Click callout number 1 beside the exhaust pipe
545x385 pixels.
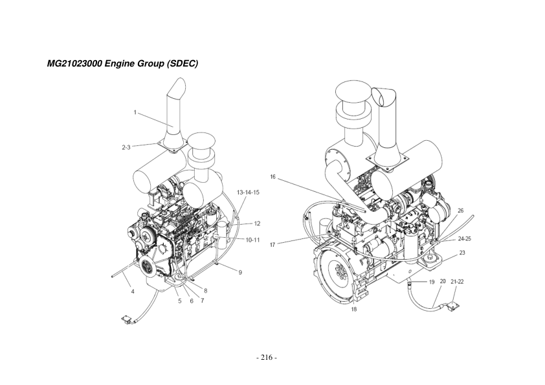point(135,112)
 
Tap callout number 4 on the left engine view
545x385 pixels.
point(132,292)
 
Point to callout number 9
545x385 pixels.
point(240,273)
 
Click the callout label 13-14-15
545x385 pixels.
point(248,192)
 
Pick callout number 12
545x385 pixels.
point(257,224)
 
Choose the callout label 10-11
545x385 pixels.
point(252,240)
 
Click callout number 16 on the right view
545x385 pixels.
point(274,176)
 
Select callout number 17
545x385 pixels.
point(272,244)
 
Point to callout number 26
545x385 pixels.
point(460,211)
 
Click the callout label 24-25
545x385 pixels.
point(464,238)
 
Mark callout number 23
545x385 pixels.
point(462,253)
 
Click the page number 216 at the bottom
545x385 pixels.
point(267,357)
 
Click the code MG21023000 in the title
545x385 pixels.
point(75,65)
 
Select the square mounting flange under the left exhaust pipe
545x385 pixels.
point(172,147)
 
